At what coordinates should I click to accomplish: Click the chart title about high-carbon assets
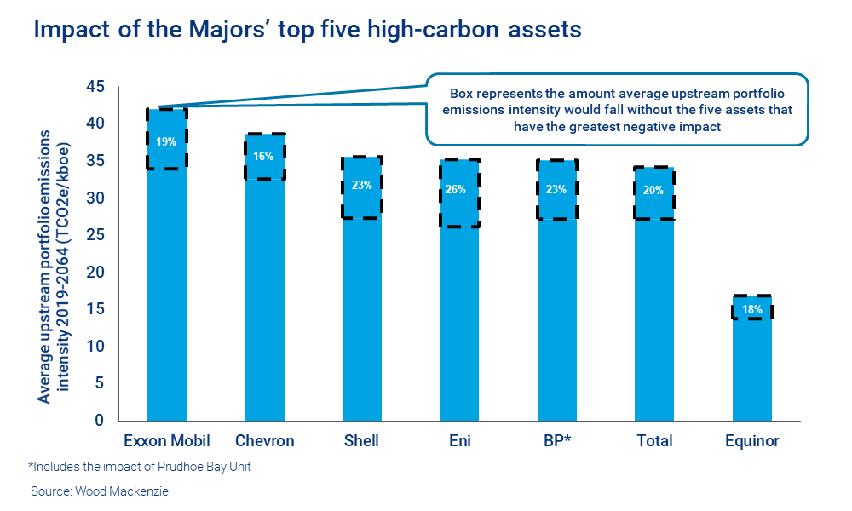point(307,30)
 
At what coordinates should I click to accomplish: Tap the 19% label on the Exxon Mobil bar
point(167,141)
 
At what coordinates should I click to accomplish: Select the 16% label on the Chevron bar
point(264,156)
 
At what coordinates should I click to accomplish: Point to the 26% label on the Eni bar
point(459,189)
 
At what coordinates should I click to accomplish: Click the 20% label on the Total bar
point(653,190)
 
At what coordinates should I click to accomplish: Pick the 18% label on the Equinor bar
point(751,309)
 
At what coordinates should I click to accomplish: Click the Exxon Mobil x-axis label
point(167,441)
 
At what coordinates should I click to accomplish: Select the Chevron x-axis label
point(264,441)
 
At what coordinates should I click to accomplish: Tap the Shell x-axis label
point(361,441)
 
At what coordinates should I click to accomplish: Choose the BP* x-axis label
point(556,441)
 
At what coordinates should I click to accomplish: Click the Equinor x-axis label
point(751,441)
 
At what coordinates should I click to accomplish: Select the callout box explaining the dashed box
point(617,110)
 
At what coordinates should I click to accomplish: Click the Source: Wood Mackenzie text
point(100,492)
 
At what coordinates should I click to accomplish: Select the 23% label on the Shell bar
point(361,185)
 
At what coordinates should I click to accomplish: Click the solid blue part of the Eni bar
point(459,324)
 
